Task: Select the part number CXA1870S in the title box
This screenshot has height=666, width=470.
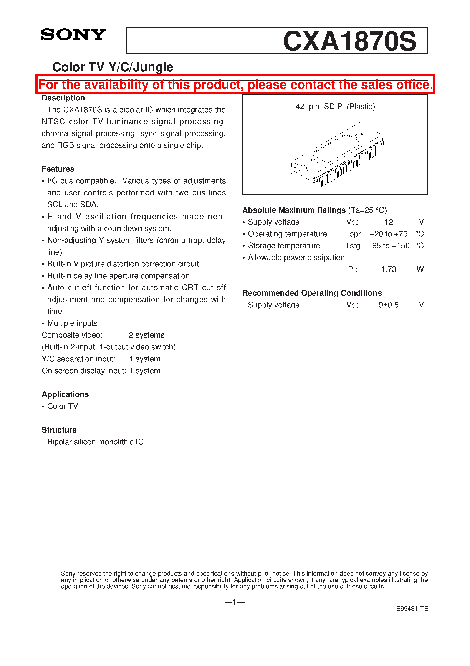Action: pos(349,41)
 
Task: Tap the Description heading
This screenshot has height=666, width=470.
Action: pos(63,98)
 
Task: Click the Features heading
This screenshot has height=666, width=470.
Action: pos(58,169)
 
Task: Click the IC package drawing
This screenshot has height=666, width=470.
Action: pos(337,155)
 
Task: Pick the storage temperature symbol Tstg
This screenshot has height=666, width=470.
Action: pos(352,246)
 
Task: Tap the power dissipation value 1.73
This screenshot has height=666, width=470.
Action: pos(388,269)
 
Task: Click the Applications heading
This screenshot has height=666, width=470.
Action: pos(65,394)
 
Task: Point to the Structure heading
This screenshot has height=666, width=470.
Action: pos(59,430)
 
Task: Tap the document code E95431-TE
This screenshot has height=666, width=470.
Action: pos(412,609)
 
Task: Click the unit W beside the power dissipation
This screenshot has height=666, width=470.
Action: pos(420,269)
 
